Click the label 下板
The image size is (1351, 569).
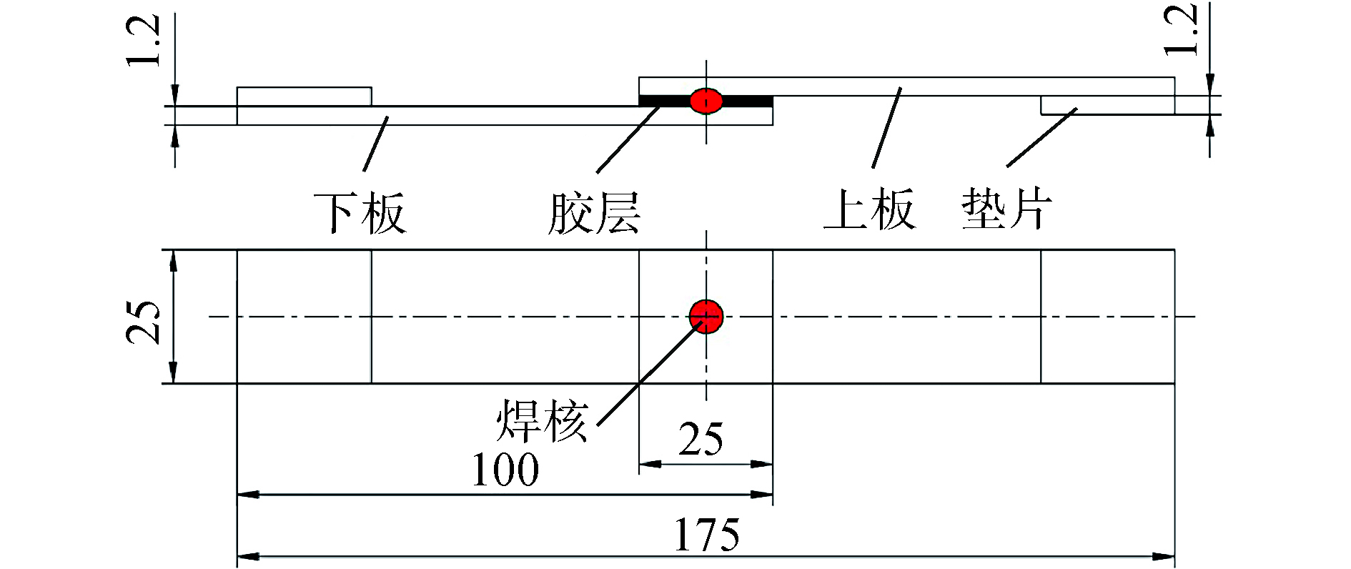(360, 213)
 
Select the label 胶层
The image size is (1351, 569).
(593, 213)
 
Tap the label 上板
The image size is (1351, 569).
(869, 209)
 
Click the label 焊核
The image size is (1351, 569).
(542, 421)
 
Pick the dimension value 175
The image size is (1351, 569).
(706, 535)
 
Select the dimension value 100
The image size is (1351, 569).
(505, 470)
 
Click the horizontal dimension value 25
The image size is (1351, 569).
(701, 439)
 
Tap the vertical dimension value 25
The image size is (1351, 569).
(144, 322)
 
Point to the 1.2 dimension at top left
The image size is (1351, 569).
(143, 41)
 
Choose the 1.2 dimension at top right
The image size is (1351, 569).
(1180, 30)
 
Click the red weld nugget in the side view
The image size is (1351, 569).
(706, 101)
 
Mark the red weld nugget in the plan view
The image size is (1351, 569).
(706, 316)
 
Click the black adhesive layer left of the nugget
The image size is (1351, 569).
(663, 101)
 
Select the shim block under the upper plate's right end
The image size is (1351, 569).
(1107, 105)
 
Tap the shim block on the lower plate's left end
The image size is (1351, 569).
(304, 97)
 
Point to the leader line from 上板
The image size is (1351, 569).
(886, 129)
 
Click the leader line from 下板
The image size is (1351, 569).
(376, 143)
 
